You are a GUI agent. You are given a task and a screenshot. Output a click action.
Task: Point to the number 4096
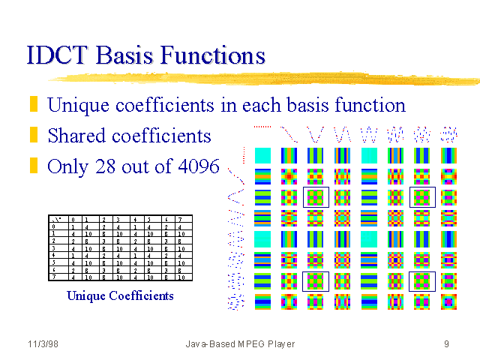(x=194, y=166)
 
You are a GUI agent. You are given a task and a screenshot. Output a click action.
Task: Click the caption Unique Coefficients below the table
(x=120, y=295)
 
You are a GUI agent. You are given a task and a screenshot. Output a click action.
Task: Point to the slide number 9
(x=446, y=344)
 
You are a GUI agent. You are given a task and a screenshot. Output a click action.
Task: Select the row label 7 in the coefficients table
(x=52, y=277)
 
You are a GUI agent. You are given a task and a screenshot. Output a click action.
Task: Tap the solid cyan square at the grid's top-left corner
(x=262, y=156)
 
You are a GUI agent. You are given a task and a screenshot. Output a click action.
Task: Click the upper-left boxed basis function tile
(x=315, y=198)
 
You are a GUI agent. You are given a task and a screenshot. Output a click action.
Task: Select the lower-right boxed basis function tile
(x=421, y=281)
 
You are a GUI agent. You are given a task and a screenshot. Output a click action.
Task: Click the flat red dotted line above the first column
(x=262, y=127)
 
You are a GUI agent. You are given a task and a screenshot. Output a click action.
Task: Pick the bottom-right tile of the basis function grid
(x=448, y=301)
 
